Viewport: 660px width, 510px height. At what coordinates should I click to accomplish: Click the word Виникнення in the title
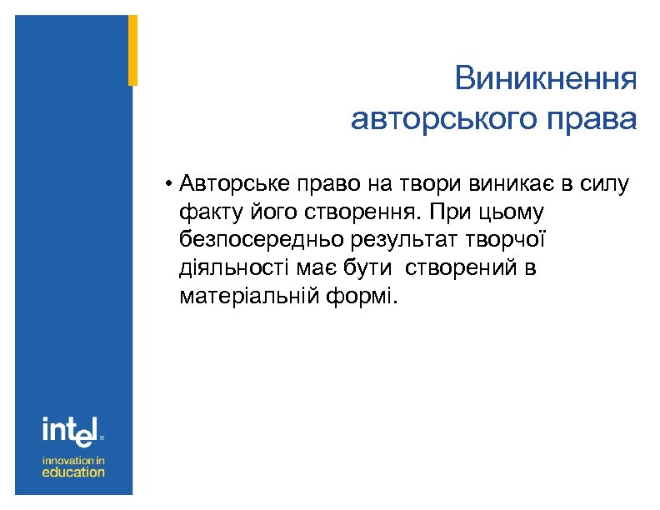[x=546, y=81]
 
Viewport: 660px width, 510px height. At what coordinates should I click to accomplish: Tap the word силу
[x=612, y=183]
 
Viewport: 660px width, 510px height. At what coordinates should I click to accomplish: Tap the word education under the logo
[x=74, y=472]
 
